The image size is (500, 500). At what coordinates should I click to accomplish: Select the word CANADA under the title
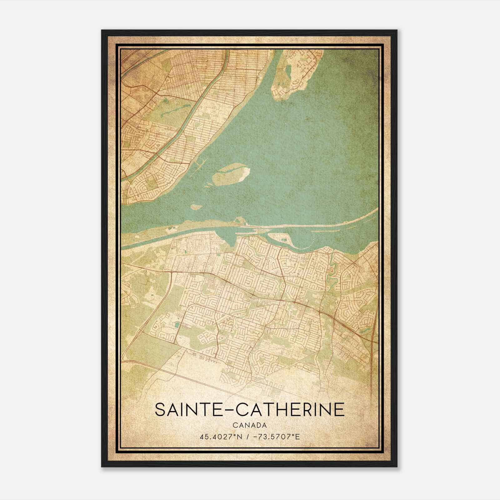click(x=250, y=425)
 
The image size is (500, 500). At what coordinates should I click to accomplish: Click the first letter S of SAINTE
click(x=160, y=410)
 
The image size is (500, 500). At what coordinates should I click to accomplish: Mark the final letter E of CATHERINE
click(x=339, y=410)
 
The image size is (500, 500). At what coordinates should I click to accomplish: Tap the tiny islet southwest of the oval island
click(x=196, y=207)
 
